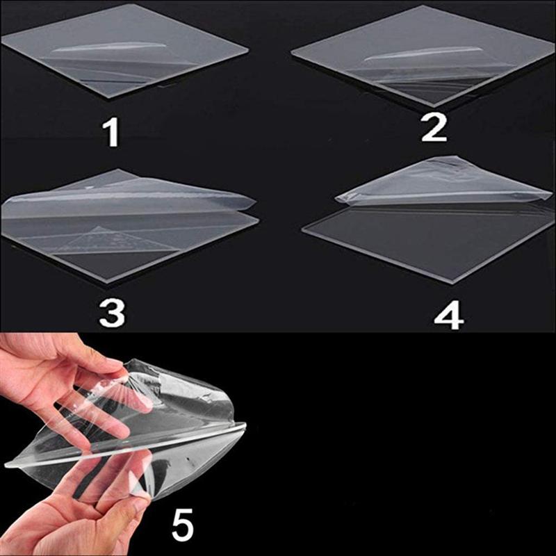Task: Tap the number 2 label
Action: (434, 128)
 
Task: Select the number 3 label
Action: (112, 313)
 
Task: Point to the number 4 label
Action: (448, 315)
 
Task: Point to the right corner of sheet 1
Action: (246, 50)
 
